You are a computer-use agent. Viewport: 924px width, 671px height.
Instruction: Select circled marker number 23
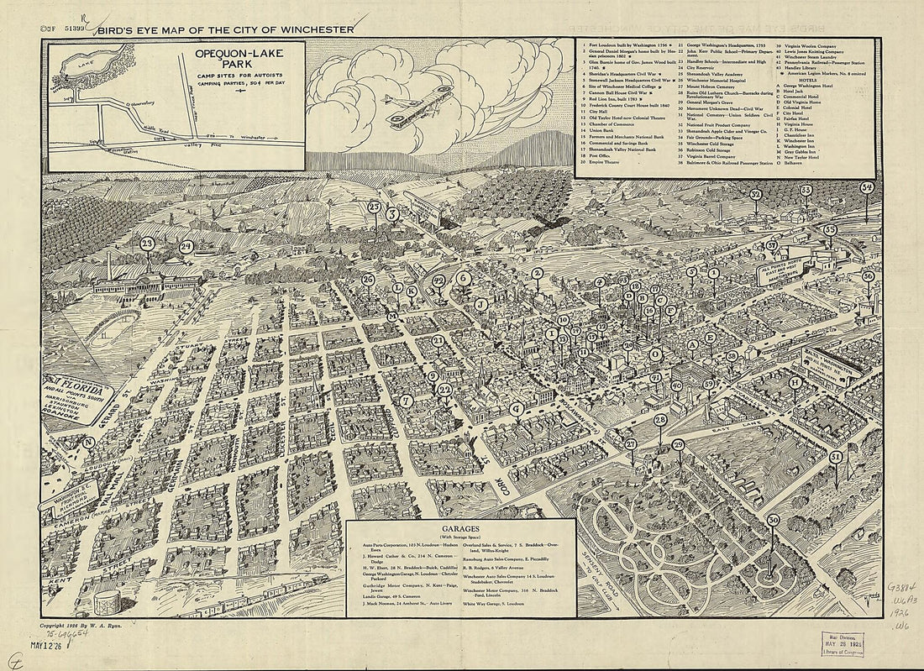click(148, 244)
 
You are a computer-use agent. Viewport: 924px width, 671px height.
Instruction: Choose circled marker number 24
click(186, 247)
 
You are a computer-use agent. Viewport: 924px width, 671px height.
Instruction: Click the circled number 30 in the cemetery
click(773, 520)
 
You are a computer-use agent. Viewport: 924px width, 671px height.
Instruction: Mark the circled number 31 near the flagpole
click(835, 457)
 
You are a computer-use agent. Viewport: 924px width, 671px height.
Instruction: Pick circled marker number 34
click(867, 187)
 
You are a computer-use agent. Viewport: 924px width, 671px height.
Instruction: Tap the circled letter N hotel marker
click(87, 443)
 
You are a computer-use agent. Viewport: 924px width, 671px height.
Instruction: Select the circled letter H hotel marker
click(795, 382)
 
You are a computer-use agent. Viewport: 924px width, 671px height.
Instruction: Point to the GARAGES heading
click(461, 528)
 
